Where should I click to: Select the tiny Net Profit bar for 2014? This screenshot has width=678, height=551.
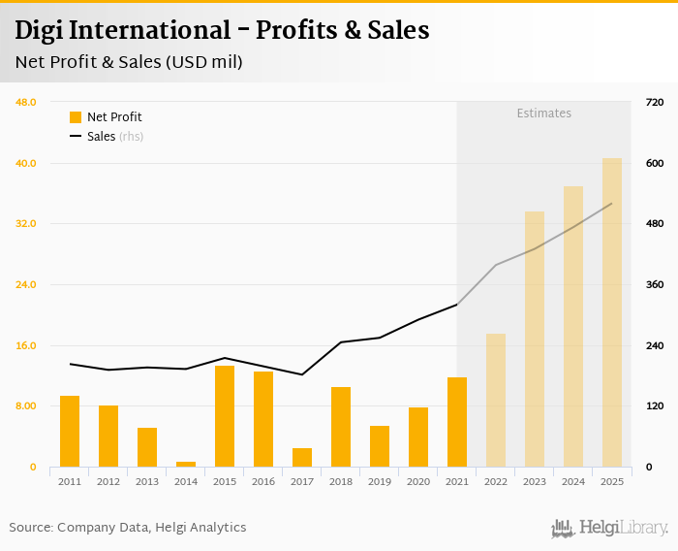[186, 464]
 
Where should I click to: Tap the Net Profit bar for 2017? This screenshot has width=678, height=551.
[302, 457]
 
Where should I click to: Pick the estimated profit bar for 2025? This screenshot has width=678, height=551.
[612, 312]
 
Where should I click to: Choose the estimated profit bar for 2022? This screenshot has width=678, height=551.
[496, 400]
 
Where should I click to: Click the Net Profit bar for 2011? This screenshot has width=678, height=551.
[70, 431]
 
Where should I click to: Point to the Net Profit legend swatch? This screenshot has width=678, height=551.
[76, 117]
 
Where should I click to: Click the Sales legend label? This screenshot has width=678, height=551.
[101, 137]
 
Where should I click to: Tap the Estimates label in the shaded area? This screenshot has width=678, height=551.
[543, 113]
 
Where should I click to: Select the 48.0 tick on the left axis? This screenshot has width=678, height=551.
[26, 102]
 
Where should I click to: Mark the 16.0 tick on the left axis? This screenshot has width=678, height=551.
[26, 345]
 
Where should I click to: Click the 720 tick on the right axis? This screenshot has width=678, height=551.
[654, 102]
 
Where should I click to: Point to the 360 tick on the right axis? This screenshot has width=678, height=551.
[654, 284]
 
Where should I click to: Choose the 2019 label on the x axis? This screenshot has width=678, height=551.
[380, 481]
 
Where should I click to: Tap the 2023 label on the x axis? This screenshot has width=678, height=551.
[535, 481]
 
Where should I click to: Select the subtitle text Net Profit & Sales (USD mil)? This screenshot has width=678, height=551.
[129, 62]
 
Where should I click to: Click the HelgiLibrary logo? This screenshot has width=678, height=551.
[610, 528]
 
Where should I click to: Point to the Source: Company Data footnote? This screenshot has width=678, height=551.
[128, 527]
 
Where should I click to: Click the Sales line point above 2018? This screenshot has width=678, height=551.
[341, 341]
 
